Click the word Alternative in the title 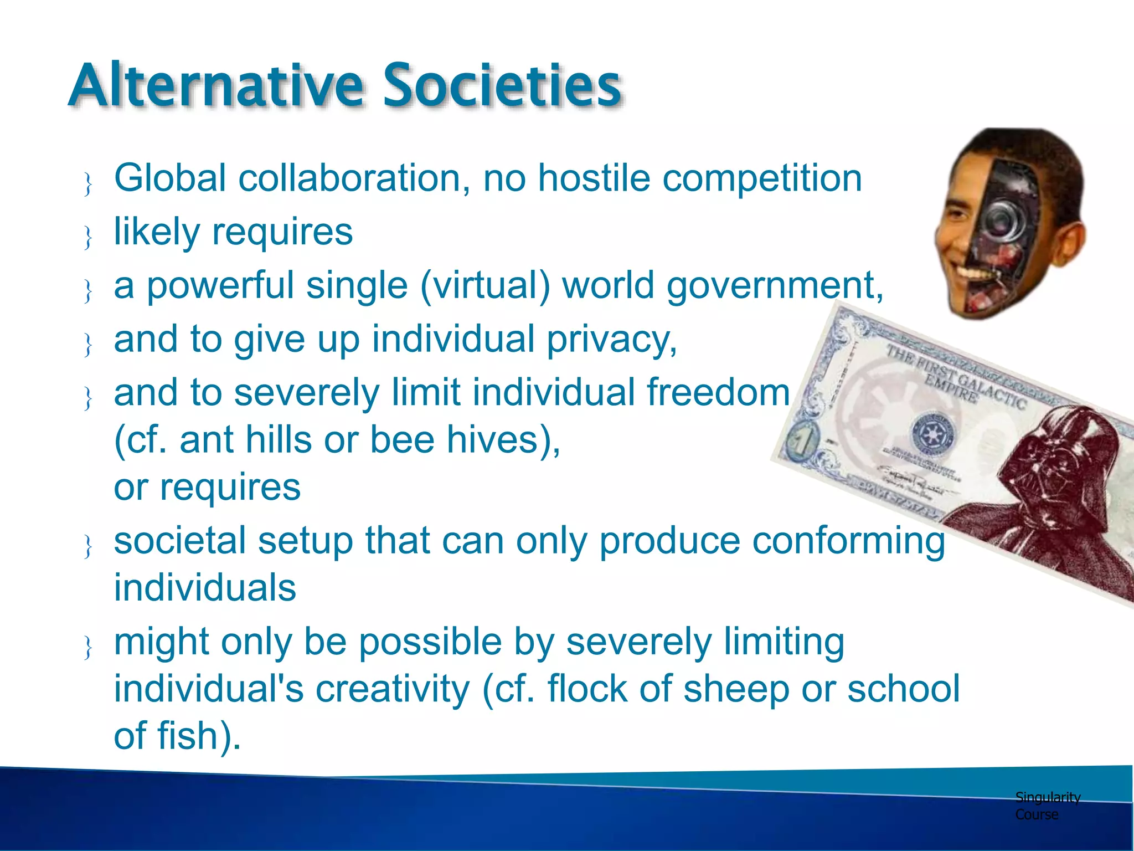click(216, 86)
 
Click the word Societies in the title click(502, 86)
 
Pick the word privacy click(612, 340)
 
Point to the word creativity click(393, 689)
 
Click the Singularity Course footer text click(1047, 806)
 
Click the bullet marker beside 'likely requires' click(87, 237)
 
